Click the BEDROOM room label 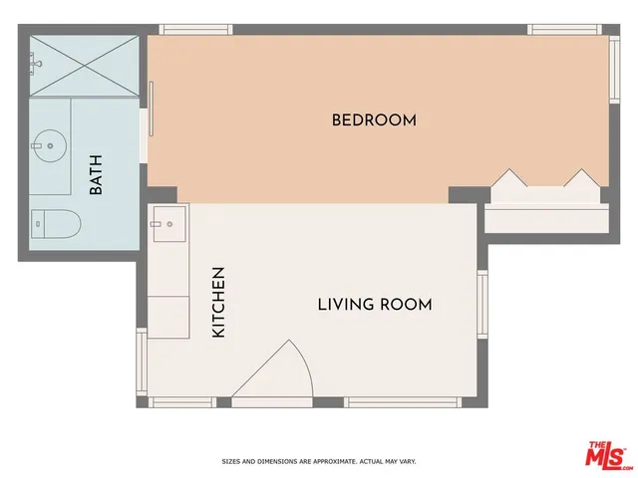(x=374, y=120)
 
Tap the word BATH (x=97, y=178)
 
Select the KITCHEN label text (x=218, y=301)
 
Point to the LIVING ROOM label (x=375, y=304)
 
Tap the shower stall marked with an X (x=84, y=66)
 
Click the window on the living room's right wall (x=483, y=303)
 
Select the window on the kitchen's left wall (x=142, y=359)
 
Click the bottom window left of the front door (x=181, y=402)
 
